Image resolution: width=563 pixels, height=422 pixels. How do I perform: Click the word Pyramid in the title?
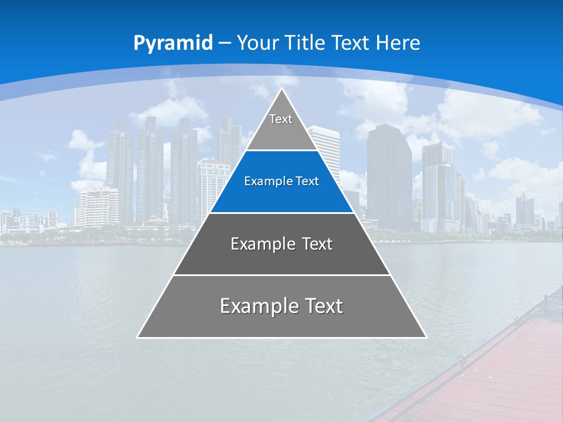pos(173,43)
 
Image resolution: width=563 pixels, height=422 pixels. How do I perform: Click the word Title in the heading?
pos(304,43)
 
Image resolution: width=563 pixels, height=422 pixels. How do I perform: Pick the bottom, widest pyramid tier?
pos(281,314)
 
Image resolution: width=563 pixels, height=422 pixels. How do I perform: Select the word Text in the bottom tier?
pos(322,305)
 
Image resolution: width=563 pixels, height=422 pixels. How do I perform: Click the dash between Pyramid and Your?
pos(225,43)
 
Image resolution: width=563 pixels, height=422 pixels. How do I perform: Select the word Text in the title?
pos(350,43)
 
